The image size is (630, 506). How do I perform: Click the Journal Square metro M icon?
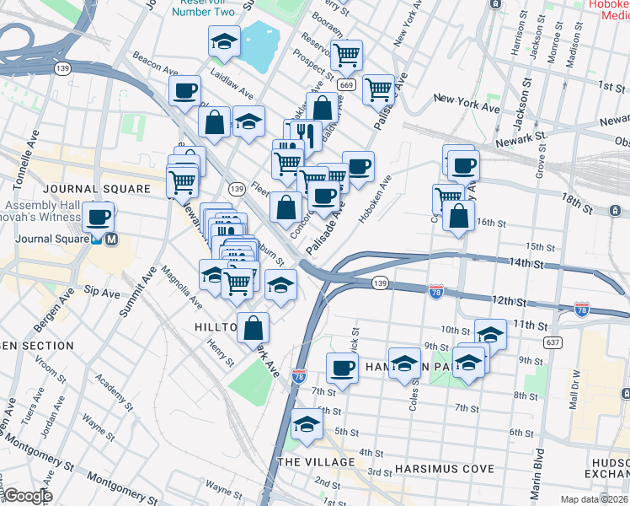pyautogui.click(x=112, y=238)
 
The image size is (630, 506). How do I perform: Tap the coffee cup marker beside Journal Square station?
pyautogui.click(x=99, y=218)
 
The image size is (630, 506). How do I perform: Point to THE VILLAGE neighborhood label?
pyautogui.click(x=316, y=462)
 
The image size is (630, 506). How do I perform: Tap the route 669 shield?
pyautogui.click(x=346, y=85)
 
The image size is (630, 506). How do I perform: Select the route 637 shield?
pyautogui.click(x=553, y=342)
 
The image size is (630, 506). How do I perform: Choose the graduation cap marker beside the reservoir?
pyautogui.click(x=225, y=42)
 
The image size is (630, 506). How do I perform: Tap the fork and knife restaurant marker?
pyautogui.click(x=304, y=133)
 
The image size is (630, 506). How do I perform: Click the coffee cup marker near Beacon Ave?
pyautogui.click(x=184, y=91)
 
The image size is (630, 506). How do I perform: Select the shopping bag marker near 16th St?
pyautogui.click(x=457, y=216)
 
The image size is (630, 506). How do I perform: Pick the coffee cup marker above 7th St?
pyautogui.click(x=342, y=369)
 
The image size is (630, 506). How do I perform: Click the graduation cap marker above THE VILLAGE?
pyautogui.click(x=307, y=423)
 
